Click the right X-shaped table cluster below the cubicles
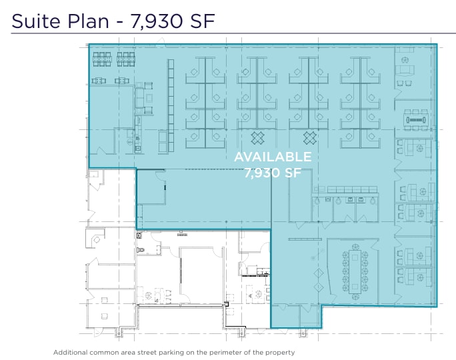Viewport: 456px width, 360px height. click(310, 138)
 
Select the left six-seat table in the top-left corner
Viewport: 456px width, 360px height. click(101, 59)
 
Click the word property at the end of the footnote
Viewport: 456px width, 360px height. click(281, 352)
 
